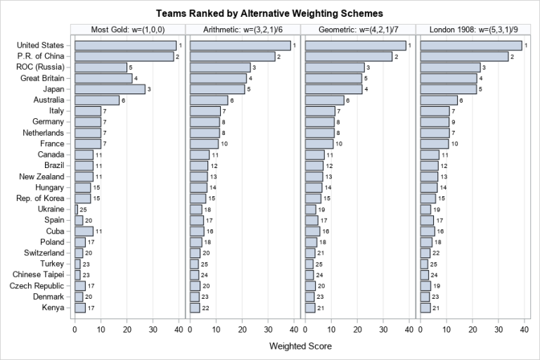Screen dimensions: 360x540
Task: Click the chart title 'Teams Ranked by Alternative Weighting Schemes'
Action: point(270,13)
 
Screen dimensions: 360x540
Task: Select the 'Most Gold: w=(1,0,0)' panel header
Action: point(127,29)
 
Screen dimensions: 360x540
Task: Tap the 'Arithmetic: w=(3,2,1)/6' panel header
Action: point(243,29)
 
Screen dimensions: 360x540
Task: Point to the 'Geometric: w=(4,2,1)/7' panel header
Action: point(358,29)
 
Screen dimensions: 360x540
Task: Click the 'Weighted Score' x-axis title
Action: point(300,346)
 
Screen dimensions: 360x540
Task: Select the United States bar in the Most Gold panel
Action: point(125,46)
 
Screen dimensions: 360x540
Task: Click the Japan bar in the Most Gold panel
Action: point(110,89)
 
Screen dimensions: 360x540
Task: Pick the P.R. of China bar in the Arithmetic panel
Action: point(232,56)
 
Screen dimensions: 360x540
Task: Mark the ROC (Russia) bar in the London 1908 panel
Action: point(450,67)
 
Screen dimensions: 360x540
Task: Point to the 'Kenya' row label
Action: point(52,307)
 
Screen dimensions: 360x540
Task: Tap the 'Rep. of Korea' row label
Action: point(39,198)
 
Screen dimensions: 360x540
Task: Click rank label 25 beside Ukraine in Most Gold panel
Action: point(84,210)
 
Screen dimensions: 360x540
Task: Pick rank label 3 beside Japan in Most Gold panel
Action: point(149,89)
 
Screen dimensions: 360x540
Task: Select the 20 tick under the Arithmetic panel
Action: point(242,328)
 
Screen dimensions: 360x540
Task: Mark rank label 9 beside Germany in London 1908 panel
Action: point(453,122)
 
